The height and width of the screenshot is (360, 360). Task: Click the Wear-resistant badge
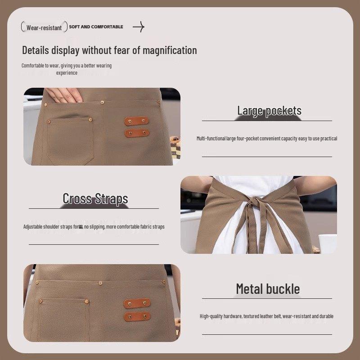click(44, 27)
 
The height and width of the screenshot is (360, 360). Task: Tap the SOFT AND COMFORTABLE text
click(96, 27)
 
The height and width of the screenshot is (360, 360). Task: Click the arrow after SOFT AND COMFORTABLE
click(138, 27)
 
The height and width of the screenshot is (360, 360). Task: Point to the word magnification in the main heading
click(168, 50)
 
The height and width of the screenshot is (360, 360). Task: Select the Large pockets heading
click(269, 111)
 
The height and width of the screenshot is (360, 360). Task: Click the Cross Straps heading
click(95, 198)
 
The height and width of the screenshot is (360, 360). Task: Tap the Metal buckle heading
click(268, 289)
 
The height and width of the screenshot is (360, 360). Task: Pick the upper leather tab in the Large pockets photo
click(137, 121)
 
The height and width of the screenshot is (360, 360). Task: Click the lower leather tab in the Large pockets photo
click(137, 133)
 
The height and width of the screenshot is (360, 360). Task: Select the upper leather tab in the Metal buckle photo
click(137, 303)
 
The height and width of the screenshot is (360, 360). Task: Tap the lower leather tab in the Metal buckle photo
click(137, 316)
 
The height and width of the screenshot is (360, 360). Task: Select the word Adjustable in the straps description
click(35, 227)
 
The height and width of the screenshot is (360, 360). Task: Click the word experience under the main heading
click(67, 73)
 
